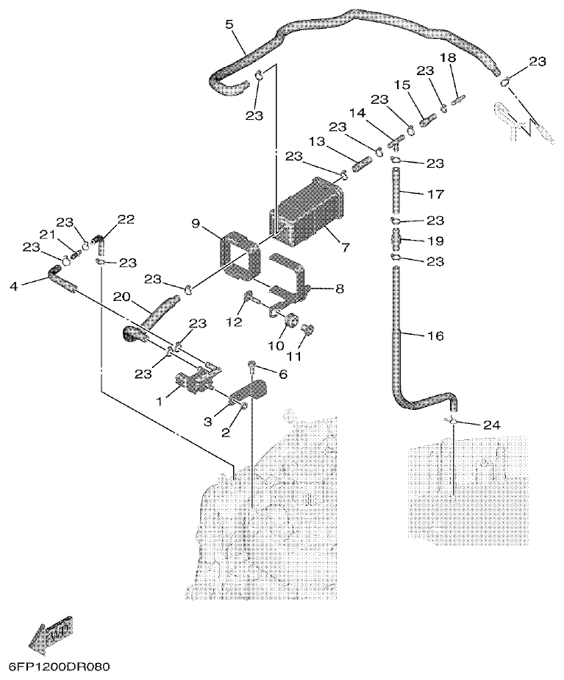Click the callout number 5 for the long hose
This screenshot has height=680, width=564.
[229, 24]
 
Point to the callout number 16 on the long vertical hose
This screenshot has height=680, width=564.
[435, 336]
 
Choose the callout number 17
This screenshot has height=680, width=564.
[435, 194]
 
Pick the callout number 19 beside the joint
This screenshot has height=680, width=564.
[435, 241]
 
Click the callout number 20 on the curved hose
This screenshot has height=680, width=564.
[122, 296]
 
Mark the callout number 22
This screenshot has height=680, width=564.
[126, 219]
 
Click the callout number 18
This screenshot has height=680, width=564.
[448, 58]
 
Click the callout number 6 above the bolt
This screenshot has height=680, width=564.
[282, 374]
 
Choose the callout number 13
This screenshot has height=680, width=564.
[316, 141]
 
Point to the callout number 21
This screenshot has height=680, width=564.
[47, 234]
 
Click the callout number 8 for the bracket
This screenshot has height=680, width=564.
[339, 289]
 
